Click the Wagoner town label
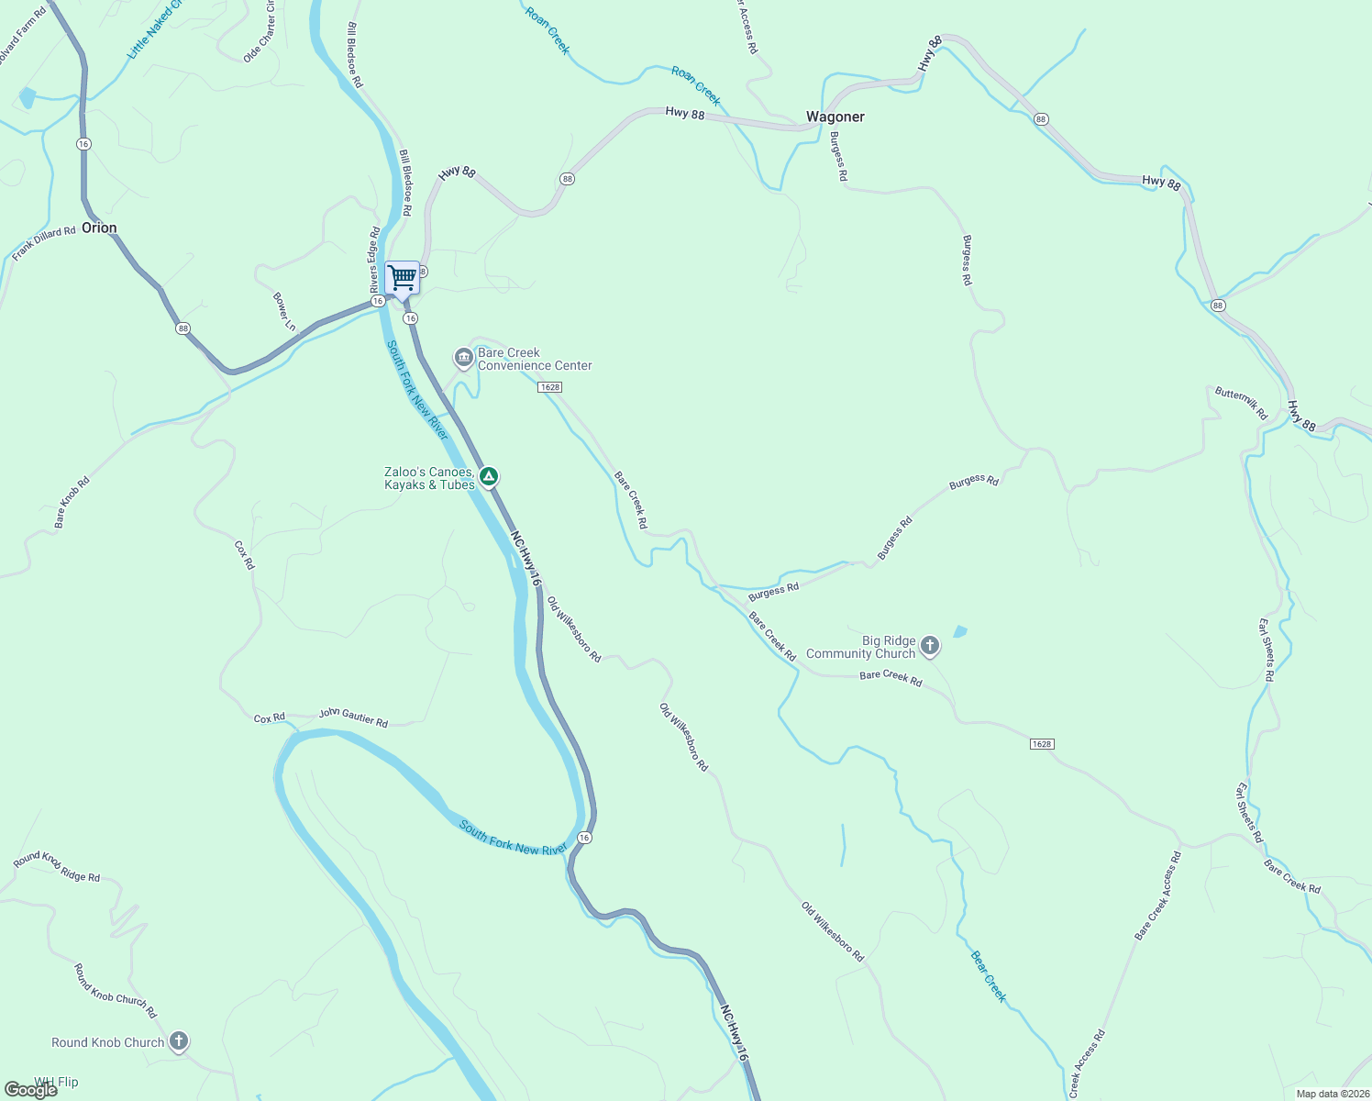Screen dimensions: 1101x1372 (x=835, y=117)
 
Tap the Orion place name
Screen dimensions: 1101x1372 (x=99, y=228)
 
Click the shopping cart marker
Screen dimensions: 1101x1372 (x=402, y=277)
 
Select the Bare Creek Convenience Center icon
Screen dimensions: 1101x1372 (x=464, y=357)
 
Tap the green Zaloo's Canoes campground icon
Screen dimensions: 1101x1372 (x=490, y=476)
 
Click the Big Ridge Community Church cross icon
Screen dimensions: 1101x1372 (x=930, y=646)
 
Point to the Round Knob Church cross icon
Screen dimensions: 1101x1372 (x=179, y=1041)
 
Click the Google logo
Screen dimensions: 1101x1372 (x=31, y=1089)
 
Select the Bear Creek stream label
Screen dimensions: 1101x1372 (x=989, y=976)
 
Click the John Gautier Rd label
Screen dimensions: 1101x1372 (x=353, y=717)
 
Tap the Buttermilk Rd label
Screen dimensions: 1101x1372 (x=1241, y=404)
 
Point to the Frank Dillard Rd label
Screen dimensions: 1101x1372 (x=44, y=244)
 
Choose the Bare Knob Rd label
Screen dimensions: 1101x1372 (x=72, y=502)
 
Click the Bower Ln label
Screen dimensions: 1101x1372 (x=285, y=312)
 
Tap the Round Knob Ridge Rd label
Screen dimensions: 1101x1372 (x=57, y=866)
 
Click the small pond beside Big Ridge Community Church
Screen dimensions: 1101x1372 (x=960, y=631)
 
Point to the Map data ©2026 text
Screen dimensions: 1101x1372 (x=1332, y=1094)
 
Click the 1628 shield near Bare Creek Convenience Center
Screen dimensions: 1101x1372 (x=549, y=387)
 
